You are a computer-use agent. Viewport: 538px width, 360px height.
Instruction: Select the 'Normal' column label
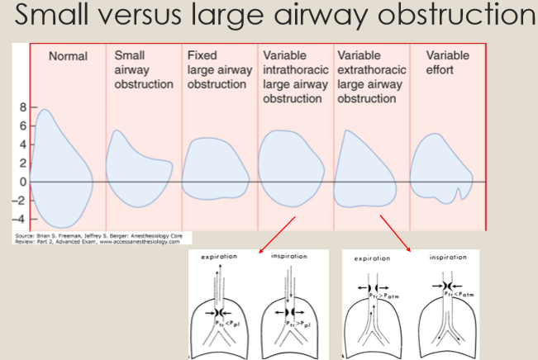tap(68, 57)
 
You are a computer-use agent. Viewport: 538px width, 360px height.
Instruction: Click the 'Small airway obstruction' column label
tap(143, 70)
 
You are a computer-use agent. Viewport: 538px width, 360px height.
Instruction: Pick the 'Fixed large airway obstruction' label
tap(219, 70)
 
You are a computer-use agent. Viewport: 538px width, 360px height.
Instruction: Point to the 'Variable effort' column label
tap(447, 63)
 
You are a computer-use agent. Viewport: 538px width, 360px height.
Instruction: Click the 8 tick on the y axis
tap(22, 107)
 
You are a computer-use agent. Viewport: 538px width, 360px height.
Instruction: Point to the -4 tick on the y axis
tap(21, 219)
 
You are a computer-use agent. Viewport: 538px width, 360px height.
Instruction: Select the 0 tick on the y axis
tap(23, 182)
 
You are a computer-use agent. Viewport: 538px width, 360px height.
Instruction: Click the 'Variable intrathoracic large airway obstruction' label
tap(295, 77)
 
